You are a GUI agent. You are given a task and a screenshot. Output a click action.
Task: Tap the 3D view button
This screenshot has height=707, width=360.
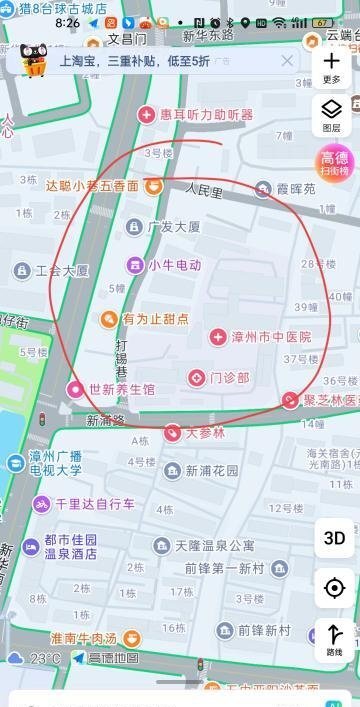coord(334,538)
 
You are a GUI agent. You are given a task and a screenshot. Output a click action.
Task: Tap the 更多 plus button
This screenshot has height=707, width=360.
coord(332,65)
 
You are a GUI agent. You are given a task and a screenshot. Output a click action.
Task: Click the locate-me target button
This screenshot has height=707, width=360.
coord(334,588)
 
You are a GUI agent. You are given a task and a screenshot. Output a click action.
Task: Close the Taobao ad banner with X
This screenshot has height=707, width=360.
coord(287,61)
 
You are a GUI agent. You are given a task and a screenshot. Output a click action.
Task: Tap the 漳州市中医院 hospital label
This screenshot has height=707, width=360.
coord(271,338)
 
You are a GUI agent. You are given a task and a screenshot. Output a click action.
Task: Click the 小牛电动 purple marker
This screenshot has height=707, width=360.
coord(134,265)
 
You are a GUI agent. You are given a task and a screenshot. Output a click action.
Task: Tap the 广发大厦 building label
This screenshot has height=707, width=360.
coord(173,227)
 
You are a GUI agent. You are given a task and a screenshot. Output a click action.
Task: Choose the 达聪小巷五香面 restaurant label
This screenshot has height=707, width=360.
coord(92,185)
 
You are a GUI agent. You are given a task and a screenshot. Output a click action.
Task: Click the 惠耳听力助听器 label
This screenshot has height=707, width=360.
coord(207,115)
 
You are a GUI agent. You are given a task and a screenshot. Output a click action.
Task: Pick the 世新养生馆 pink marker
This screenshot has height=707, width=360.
coord(75,388)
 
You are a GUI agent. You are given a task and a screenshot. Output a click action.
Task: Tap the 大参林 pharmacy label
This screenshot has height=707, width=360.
coord(205,433)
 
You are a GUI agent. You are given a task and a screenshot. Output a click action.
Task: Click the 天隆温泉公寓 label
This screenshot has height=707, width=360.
coord(214,545)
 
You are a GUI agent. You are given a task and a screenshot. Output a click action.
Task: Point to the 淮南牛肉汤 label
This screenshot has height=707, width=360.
coord(83,638)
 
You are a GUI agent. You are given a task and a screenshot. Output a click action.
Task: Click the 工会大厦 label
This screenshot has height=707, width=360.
coord(62,270)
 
